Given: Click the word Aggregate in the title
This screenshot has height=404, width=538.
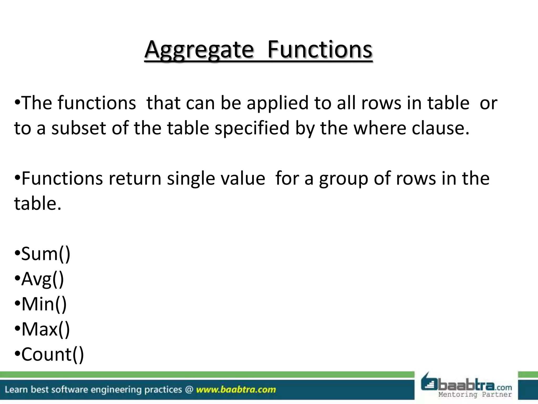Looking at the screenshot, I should (199, 50).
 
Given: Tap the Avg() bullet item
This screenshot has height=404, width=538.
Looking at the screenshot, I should (43, 279).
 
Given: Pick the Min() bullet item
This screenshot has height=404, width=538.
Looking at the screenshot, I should (44, 304).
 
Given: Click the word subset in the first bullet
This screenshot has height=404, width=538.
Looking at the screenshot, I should (78, 128).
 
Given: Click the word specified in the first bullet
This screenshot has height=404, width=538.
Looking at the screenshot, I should (252, 128).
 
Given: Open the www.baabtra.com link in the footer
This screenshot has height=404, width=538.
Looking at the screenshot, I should (236, 390).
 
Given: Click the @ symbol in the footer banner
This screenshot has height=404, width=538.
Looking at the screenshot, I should (189, 390).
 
